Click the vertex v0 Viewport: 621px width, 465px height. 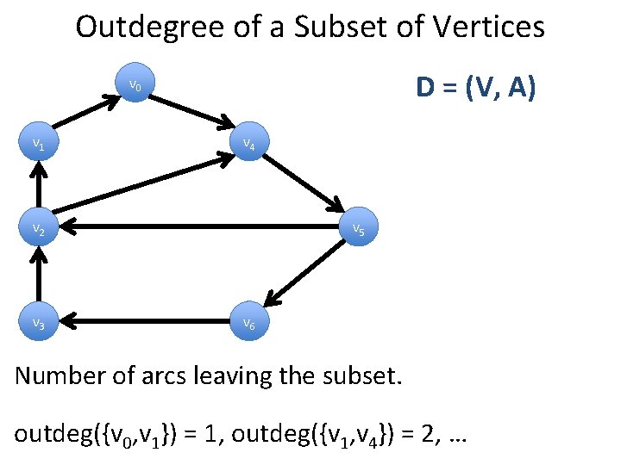point(135,85)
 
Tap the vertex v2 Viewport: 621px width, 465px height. point(38,229)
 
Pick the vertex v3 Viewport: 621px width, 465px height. point(38,323)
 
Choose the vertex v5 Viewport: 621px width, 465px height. point(357,230)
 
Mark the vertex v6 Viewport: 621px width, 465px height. point(248,324)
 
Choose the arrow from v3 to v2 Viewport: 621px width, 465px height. point(37,276)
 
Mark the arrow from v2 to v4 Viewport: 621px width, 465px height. point(143,188)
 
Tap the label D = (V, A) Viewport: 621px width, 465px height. point(475,88)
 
